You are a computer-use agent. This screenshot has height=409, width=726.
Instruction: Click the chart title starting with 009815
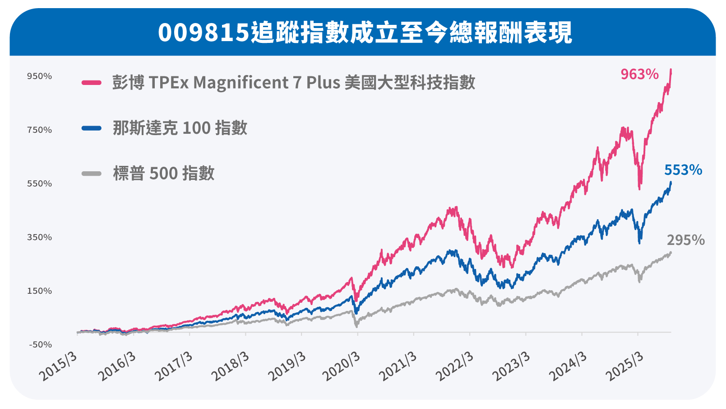point(365,33)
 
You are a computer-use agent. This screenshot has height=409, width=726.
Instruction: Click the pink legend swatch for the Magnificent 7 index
point(92,83)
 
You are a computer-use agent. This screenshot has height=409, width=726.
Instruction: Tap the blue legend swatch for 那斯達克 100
point(92,128)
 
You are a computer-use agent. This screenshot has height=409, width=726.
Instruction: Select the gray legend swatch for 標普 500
point(92,174)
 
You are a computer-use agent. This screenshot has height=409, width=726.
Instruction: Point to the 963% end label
point(639,74)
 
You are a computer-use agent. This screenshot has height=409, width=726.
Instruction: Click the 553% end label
point(683,170)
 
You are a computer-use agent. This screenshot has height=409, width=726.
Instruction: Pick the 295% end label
point(685,240)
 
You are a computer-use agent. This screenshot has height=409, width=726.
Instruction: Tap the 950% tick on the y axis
point(40,76)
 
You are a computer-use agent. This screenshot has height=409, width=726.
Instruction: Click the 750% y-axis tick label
point(40,130)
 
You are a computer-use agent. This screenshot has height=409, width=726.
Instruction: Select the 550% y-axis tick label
point(40,184)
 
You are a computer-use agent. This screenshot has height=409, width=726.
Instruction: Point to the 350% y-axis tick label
point(40,238)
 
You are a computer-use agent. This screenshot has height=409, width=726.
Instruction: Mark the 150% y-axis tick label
point(40,291)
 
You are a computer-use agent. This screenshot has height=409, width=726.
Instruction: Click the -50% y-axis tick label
point(41,345)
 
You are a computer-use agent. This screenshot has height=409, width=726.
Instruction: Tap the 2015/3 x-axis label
point(59,366)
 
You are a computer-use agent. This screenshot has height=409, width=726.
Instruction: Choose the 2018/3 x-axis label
point(230,366)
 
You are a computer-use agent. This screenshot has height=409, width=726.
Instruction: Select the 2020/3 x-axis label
point(342,366)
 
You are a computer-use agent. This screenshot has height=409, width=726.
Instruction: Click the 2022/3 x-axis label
point(455,366)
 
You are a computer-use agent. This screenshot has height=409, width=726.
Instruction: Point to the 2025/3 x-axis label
point(624,366)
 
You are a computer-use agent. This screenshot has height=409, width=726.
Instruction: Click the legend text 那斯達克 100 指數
point(180,128)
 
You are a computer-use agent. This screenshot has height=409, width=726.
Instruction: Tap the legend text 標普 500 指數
point(164,174)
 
